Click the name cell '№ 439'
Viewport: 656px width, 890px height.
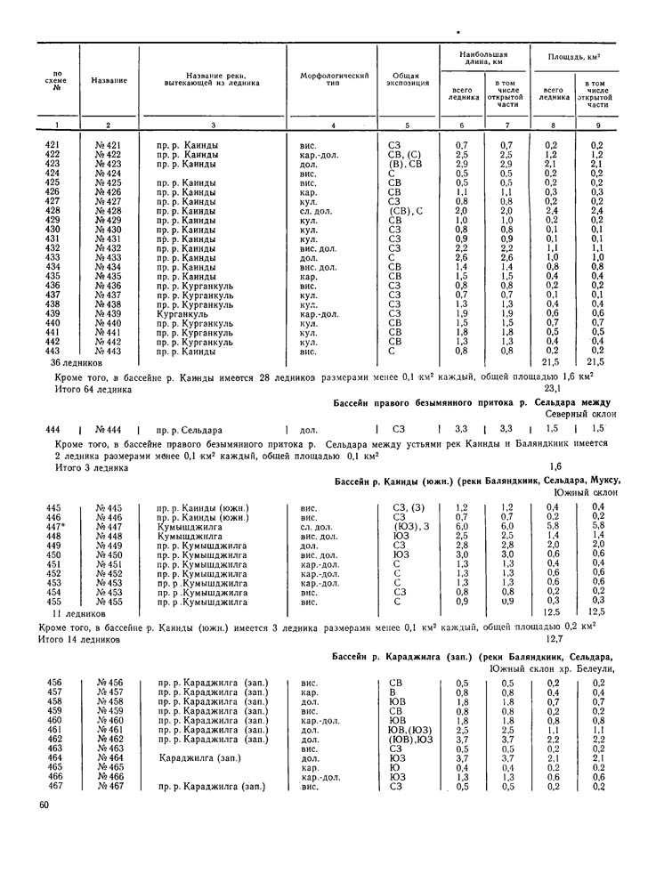(109, 313)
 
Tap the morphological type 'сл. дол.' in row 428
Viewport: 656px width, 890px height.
(317, 211)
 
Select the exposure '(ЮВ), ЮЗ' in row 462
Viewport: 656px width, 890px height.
(410, 739)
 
